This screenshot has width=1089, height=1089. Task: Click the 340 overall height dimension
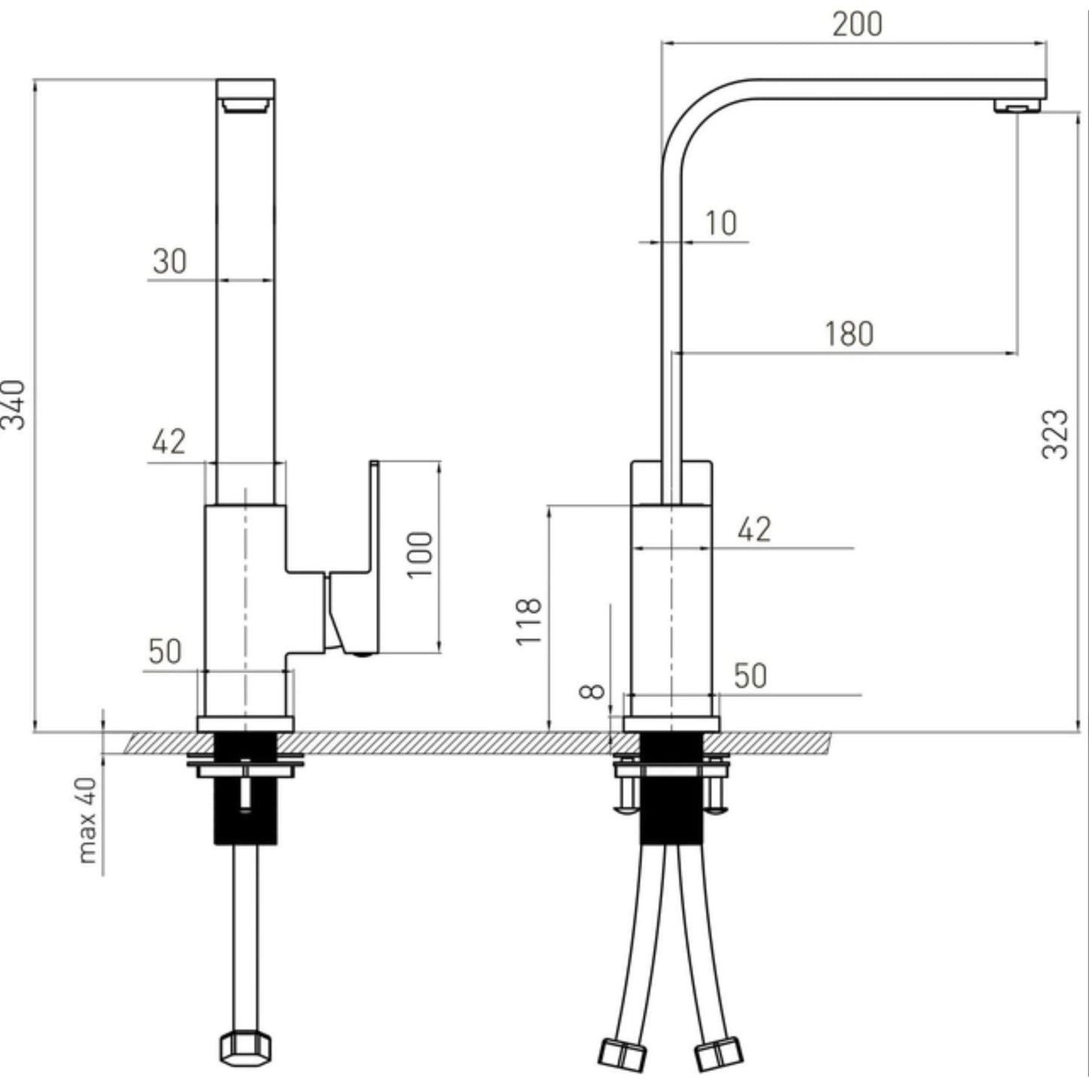coord(14,405)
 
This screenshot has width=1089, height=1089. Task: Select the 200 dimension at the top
coord(857,24)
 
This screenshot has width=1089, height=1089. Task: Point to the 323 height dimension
coord(1055,434)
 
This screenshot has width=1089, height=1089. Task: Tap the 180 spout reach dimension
coord(849,334)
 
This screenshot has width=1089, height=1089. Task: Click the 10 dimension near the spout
coord(720,223)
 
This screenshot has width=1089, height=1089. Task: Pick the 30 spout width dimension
coord(169,262)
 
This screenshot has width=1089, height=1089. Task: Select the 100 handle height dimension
coord(421,555)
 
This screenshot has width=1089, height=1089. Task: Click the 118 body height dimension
coord(529,621)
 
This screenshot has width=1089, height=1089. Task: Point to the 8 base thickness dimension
coord(595,691)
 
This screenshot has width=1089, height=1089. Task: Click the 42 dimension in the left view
coord(168,442)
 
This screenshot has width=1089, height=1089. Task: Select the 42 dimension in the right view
coord(754,530)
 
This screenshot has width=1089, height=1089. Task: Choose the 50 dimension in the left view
coord(165,651)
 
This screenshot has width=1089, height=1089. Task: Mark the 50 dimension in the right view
coord(750,676)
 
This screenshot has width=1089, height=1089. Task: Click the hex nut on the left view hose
coord(246,1048)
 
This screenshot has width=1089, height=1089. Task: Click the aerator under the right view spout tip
coord(1018,106)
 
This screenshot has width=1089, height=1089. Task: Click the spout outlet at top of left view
coord(246,104)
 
